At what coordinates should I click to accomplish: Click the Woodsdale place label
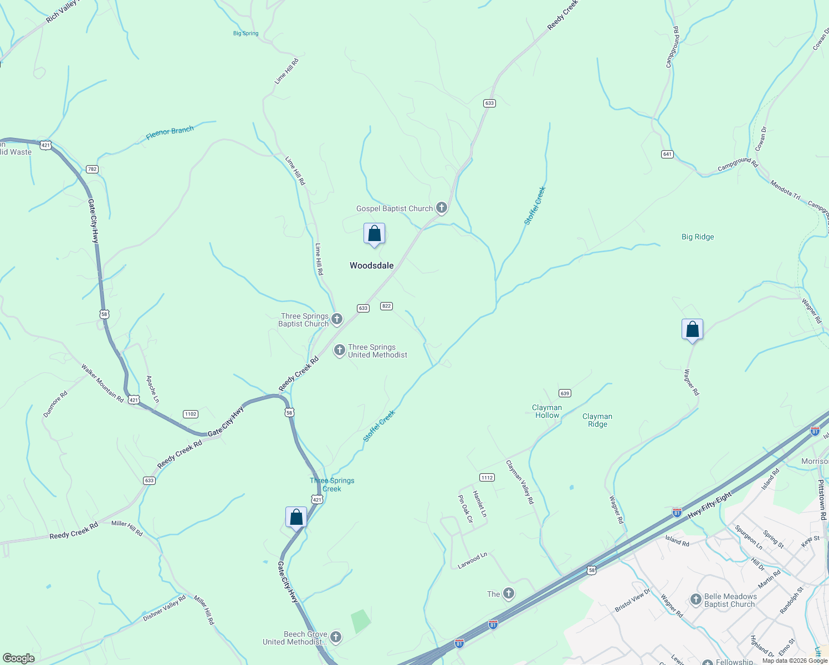tap(371, 266)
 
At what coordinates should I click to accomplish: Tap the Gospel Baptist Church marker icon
tap(442, 208)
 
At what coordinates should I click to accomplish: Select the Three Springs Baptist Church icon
tap(337, 319)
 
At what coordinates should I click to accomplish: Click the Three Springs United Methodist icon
tap(340, 351)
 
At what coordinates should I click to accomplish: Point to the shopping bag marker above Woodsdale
tap(374, 234)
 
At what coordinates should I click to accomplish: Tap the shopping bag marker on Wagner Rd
tap(692, 330)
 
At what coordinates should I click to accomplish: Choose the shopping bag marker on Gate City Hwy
tap(296, 518)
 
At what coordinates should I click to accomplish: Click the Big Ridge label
tap(698, 237)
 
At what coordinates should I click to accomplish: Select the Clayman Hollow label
tap(547, 411)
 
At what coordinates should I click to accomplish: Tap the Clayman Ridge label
tap(597, 420)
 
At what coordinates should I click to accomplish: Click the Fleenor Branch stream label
tap(170, 133)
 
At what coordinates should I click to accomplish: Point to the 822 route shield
tap(387, 306)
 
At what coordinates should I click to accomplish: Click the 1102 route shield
tap(191, 414)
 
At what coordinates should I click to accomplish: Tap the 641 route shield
tap(668, 154)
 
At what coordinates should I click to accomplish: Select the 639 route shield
tap(565, 393)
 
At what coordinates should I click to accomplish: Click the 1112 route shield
tap(487, 477)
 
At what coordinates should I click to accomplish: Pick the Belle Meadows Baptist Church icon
tap(696, 600)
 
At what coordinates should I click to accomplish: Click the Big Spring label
tap(245, 34)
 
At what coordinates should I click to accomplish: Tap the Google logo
tap(19, 658)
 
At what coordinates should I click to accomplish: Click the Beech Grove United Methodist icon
tap(336, 638)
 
